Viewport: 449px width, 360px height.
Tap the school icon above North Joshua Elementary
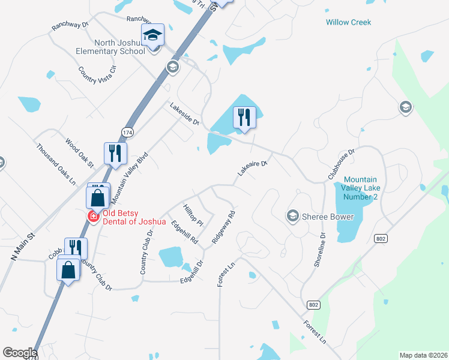152,35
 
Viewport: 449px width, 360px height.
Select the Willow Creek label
348,22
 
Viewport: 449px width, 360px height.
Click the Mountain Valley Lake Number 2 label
360,188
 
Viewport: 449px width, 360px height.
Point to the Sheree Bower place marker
293,216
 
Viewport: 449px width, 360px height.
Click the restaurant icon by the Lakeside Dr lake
244,116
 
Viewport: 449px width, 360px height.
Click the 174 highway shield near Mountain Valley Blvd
127,131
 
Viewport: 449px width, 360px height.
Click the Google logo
20,352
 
